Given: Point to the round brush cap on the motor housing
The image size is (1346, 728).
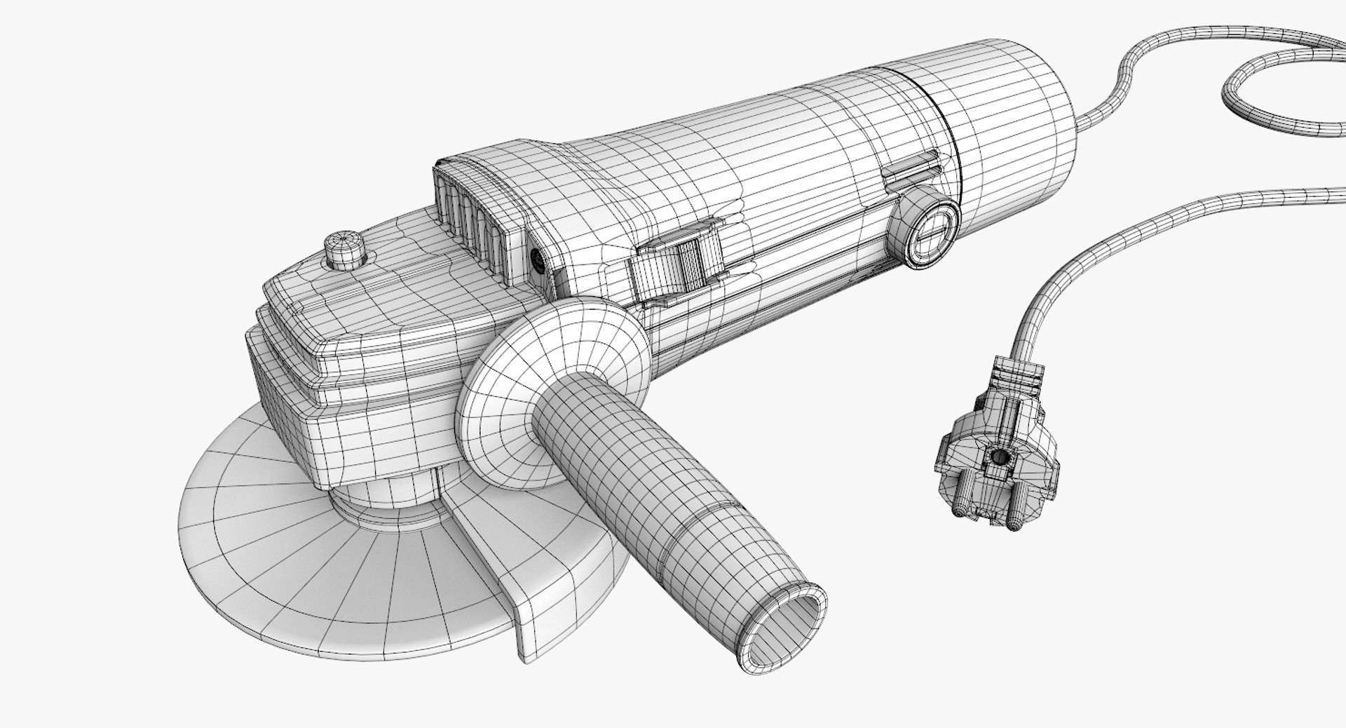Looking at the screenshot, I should tap(927, 227).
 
